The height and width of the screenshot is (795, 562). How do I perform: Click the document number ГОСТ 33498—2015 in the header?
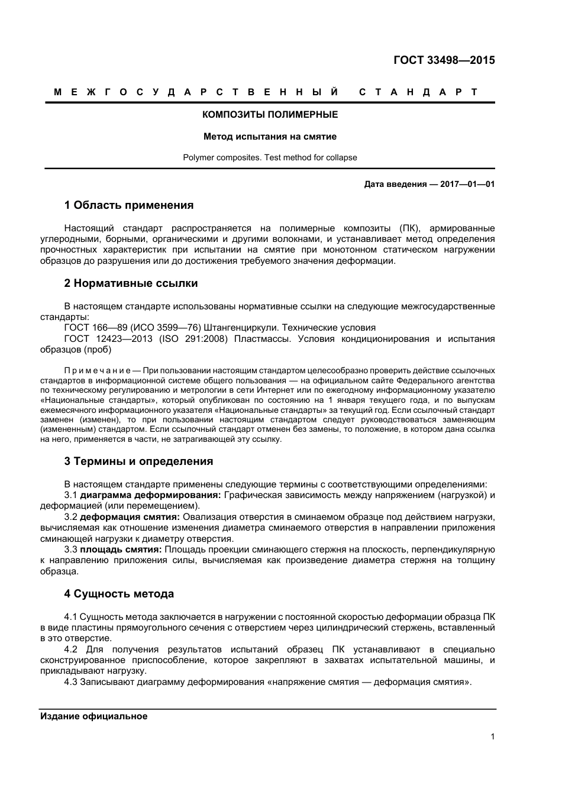tap(444, 60)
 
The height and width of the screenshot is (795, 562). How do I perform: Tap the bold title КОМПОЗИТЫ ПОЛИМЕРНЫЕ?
tap(270, 114)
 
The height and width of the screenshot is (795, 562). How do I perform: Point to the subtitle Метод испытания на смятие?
tap(270, 136)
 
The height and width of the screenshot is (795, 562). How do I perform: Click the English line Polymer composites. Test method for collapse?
tap(270, 157)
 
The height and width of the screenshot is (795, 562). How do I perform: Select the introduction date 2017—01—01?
tap(467, 184)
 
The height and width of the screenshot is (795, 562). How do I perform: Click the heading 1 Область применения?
tap(128, 205)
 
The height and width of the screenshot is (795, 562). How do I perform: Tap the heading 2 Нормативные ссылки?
tap(131, 283)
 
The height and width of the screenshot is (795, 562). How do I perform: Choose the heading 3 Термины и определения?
tap(138, 461)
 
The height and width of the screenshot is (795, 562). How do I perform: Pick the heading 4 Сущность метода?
tap(119, 594)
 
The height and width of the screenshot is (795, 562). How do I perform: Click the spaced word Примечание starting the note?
tap(98, 371)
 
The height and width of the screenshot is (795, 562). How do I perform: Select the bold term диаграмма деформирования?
tap(150, 495)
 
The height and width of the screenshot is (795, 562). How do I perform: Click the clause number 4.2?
tap(71, 649)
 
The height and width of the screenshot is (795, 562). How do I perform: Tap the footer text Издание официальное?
tap(93, 716)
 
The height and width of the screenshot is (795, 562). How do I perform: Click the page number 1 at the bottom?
tap(492, 736)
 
